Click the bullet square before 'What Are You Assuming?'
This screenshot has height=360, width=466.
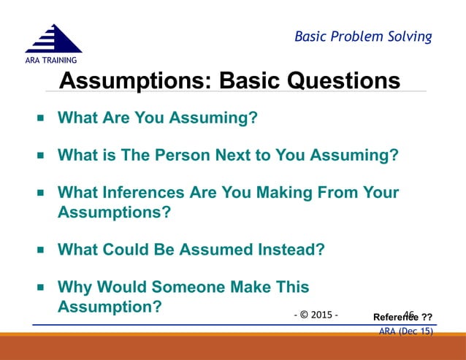pos(41,117)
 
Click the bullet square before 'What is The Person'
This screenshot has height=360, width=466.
pos(41,155)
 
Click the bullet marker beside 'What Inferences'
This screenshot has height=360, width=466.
pos(41,193)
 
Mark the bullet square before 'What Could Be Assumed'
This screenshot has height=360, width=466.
pos(41,250)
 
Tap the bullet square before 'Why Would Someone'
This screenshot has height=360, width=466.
pos(41,288)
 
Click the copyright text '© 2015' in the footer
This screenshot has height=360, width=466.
pos(316,315)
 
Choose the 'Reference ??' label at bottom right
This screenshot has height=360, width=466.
pos(402,317)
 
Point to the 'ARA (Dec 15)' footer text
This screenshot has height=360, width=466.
pos(406,331)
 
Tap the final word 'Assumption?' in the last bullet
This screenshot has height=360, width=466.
pos(110,307)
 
